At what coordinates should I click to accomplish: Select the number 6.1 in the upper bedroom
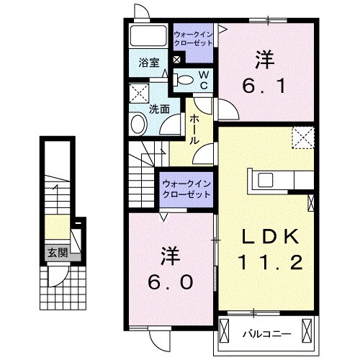[266, 86]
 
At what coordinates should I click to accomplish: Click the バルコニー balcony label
[266, 333]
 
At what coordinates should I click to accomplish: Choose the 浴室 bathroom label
[150, 63]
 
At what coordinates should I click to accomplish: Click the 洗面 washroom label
[159, 109]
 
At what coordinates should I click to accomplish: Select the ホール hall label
[194, 130]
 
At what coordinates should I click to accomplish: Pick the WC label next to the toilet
[204, 80]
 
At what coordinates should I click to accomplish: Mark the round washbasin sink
[138, 125]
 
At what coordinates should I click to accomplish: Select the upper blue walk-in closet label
[194, 36]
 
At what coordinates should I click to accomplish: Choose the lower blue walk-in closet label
[185, 189]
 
